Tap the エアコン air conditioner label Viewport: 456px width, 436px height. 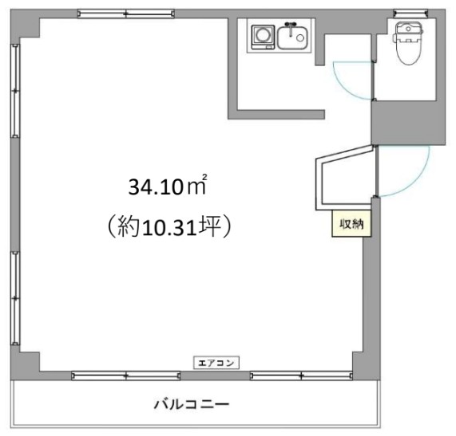217,363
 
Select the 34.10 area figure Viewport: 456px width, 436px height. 156,189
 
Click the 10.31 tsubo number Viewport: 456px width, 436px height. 173,228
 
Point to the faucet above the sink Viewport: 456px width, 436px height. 291,25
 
